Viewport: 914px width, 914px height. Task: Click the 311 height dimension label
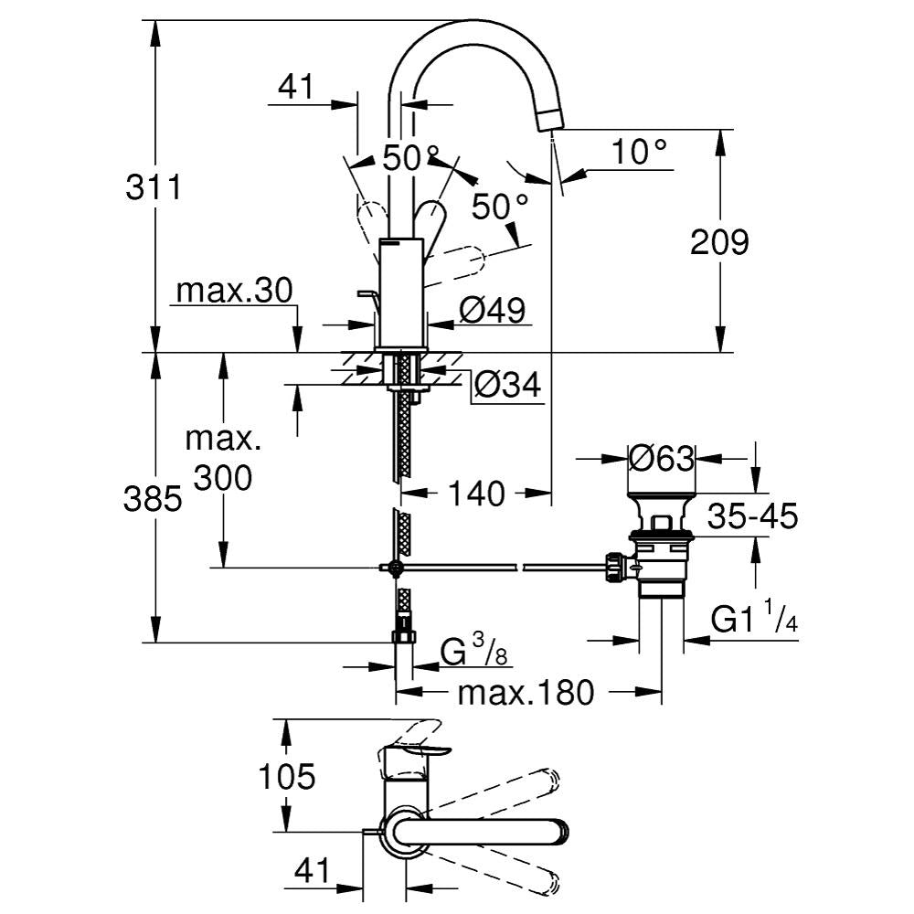pos(154,189)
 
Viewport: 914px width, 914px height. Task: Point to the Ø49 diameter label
pos(493,311)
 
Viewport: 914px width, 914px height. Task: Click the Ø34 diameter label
pos(507,387)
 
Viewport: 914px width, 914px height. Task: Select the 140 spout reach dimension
pos(476,494)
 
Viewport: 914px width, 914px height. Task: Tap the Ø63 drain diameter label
pos(662,458)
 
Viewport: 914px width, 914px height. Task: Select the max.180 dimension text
pos(526,693)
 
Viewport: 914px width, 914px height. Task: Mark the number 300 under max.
pos(222,476)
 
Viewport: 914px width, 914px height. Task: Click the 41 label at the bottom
pos(312,873)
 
